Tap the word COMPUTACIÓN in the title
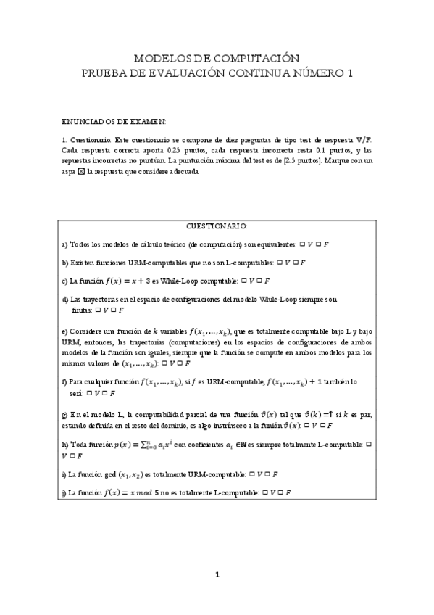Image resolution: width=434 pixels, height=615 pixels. click(x=259, y=57)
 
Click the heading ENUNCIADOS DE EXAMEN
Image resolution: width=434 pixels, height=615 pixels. click(x=114, y=122)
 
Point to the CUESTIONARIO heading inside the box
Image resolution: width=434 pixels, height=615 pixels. click(x=217, y=226)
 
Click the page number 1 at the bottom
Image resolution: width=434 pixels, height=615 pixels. click(x=217, y=577)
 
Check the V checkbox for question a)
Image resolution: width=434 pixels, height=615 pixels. click(x=301, y=244)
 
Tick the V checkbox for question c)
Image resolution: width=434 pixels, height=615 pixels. click(x=243, y=280)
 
